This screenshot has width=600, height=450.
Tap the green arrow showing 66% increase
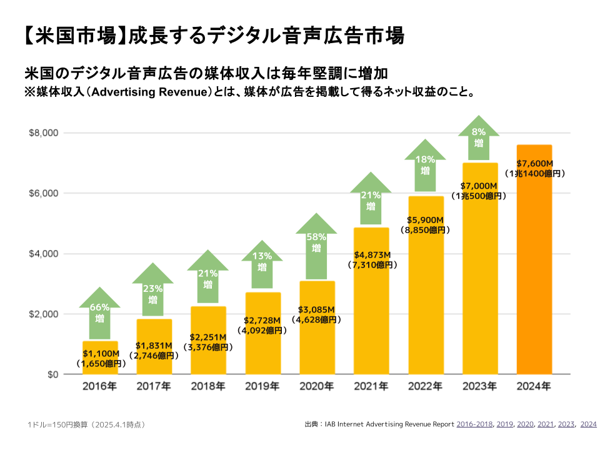[x=100, y=312]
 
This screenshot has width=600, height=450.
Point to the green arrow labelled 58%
[x=316, y=244]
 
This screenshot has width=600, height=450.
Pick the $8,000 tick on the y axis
[x=44, y=133]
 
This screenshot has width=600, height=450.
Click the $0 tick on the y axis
[x=51, y=374]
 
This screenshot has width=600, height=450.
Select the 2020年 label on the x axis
[x=316, y=387]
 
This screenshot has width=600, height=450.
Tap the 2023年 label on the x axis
[x=479, y=387]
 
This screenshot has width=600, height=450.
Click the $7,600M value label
[x=534, y=164]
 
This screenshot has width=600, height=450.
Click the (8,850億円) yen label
[x=426, y=230]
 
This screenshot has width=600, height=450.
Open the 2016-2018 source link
[x=474, y=424]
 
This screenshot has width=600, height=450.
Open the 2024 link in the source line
[x=588, y=424]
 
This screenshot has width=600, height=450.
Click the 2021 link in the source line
[x=545, y=424]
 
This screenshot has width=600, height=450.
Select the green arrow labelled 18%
[x=425, y=165]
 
